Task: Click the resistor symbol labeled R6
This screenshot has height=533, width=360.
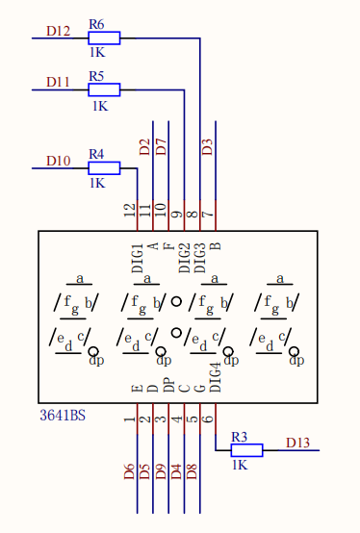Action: click(104, 38)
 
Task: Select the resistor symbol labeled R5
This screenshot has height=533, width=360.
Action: click(104, 89)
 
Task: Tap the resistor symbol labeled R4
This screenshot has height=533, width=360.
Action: click(104, 167)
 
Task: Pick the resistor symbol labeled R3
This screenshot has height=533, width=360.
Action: click(246, 449)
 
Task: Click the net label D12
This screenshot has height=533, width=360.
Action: click(58, 31)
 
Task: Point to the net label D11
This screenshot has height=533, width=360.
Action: click(58, 83)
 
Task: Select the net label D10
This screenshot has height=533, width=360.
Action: click(58, 161)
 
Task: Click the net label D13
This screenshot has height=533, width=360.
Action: click(298, 443)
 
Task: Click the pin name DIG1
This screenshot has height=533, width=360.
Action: click(137, 259)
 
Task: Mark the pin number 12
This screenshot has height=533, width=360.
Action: click(130, 209)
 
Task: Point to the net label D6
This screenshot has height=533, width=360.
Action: click(129, 471)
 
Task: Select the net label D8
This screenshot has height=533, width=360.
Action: click(192, 471)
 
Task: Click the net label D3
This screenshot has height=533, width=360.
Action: click(207, 147)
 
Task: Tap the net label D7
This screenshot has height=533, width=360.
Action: click(161, 147)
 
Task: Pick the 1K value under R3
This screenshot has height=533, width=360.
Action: click(241, 464)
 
